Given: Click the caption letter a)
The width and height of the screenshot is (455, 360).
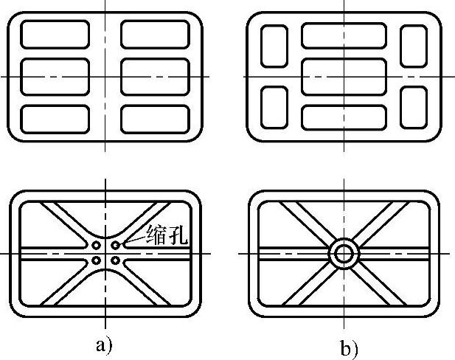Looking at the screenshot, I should [x=104, y=345].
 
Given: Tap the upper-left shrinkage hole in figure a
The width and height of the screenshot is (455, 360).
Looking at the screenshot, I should [x=97, y=244].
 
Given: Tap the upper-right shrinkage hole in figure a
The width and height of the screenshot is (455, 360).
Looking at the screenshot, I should [x=116, y=244].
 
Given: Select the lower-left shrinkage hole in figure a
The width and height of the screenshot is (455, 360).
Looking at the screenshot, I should [x=97, y=260].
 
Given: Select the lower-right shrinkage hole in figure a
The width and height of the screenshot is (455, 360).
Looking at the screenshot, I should [x=116, y=260].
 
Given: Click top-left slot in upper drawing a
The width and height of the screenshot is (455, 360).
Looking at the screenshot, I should [x=55, y=35].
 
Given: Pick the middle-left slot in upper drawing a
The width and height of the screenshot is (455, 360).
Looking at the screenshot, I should [x=55, y=76].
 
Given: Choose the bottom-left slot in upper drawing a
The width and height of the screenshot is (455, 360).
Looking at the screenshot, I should [x=55, y=119].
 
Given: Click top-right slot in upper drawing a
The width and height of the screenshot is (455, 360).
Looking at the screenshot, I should [x=156, y=35].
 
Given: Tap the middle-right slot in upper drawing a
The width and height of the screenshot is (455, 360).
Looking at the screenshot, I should [x=156, y=76].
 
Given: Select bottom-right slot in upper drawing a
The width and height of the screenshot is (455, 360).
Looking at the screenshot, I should [x=156, y=119].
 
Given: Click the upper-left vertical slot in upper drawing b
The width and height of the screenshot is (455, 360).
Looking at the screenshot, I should [x=274, y=46].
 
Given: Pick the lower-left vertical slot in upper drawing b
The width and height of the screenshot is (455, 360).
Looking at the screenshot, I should [x=274, y=107].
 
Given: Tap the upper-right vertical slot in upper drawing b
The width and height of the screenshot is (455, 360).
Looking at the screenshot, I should [x=413, y=46].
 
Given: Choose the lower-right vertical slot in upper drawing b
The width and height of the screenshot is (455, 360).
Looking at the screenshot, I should [x=413, y=107].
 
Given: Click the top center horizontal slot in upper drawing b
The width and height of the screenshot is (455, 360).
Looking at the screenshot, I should [x=344, y=35].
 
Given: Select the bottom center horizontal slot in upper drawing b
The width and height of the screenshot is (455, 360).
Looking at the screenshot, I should [x=344, y=117].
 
